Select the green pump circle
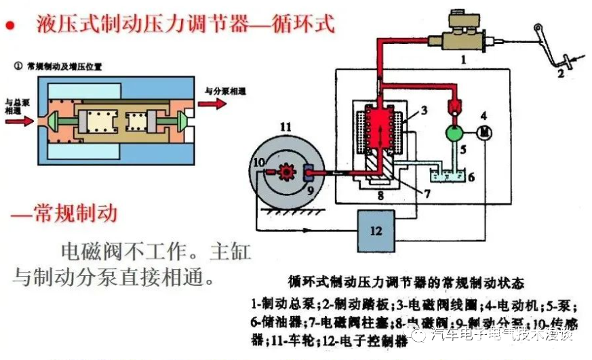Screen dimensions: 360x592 point(454,132)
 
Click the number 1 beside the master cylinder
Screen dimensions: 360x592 point(463,60)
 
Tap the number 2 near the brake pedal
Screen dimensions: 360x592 point(561,73)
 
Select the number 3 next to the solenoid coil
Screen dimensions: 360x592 point(423,110)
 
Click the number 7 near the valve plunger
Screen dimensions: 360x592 point(426,194)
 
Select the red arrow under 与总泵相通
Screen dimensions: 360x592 point(18,122)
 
